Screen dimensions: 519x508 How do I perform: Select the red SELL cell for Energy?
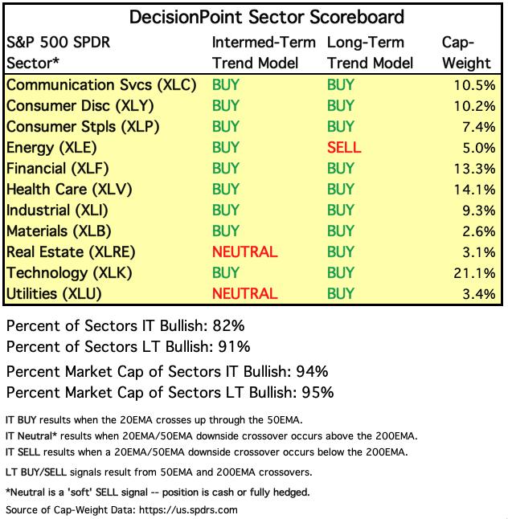click(344, 148)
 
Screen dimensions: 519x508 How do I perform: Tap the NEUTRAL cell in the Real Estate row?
click(244, 252)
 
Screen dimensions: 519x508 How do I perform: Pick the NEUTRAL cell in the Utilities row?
click(244, 294)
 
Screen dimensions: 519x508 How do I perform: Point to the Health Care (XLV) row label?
click(68, 190)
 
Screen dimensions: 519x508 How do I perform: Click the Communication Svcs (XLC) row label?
click(101, 85)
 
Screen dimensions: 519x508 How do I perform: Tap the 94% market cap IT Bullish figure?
click(311, 372)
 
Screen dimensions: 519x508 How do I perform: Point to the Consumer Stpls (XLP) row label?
click(82, 127)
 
